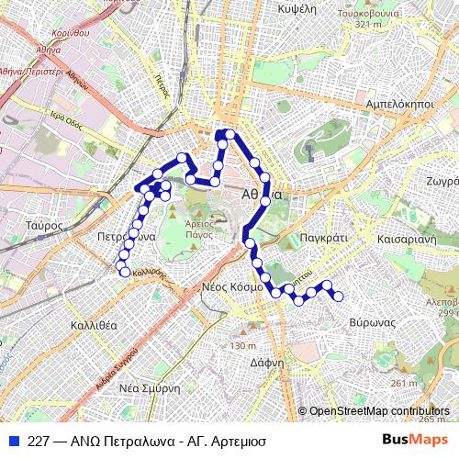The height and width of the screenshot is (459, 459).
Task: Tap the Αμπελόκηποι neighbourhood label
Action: [398, 105]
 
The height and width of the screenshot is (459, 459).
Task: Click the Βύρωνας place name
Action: [372, 323]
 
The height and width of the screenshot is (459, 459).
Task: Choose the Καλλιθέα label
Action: [94, 325]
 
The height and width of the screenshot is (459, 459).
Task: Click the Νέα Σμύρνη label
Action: [149, 388]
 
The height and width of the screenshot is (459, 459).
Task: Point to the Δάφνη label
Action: [267, 362]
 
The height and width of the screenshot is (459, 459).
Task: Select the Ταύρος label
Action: [44, 225]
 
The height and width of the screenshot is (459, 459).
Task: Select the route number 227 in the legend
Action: [39, 441]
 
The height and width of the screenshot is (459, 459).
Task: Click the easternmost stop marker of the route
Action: [339, 296]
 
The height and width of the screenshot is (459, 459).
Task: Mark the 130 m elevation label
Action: [243, 346]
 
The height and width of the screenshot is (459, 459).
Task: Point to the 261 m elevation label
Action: [403, 383]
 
